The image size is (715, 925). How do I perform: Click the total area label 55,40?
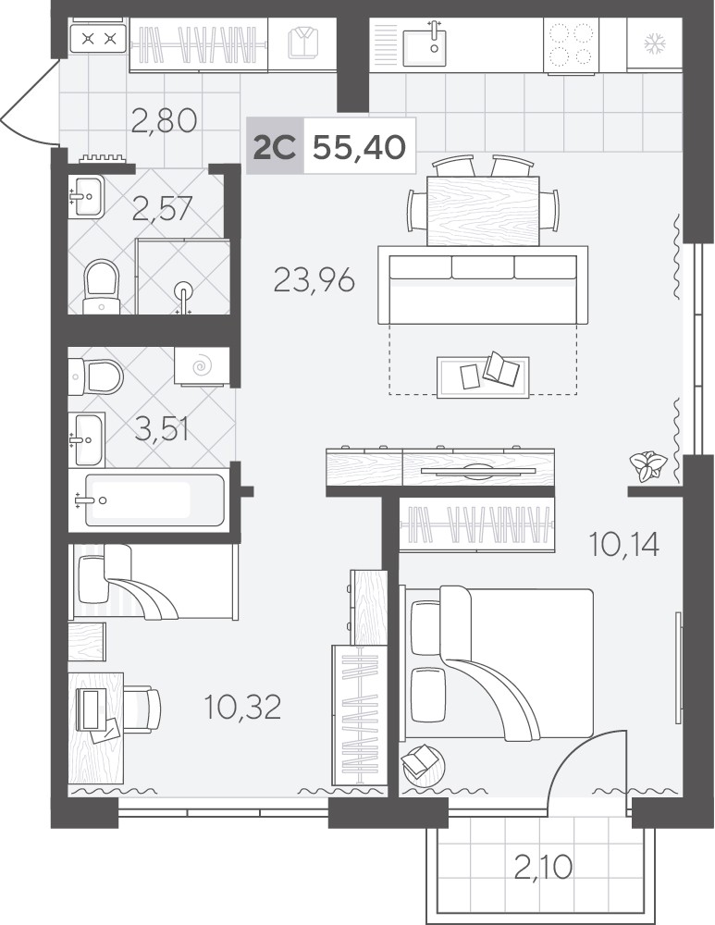359,146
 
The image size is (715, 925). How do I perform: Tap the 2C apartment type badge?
275,146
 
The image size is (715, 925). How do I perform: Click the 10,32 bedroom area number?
242,707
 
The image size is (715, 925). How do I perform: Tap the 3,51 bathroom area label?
162,429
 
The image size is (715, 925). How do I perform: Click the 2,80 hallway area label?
164,120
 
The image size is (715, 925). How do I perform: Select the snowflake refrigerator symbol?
653,43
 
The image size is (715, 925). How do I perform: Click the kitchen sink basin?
425,43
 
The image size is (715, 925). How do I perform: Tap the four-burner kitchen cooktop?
571,44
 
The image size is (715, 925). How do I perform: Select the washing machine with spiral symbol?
202,366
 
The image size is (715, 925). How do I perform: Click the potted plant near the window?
649,465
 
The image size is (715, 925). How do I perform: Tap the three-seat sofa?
483,285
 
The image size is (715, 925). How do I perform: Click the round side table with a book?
423,763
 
